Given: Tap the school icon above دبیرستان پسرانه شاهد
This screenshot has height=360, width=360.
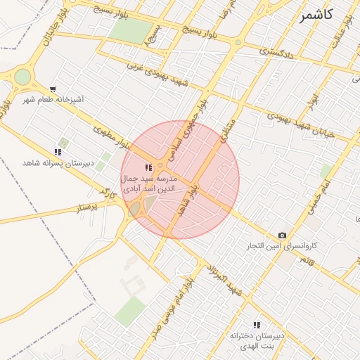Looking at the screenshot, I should coord(58,151).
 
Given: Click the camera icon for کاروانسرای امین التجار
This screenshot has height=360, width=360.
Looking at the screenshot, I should coord(282,235).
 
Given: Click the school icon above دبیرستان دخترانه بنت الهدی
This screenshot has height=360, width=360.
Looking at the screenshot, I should coord(257,325).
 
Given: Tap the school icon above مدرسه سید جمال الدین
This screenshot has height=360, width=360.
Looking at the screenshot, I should coord(148,167).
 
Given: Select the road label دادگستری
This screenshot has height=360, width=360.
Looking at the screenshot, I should coord(274,51).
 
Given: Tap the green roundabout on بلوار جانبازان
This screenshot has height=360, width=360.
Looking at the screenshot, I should coord(22,76).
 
